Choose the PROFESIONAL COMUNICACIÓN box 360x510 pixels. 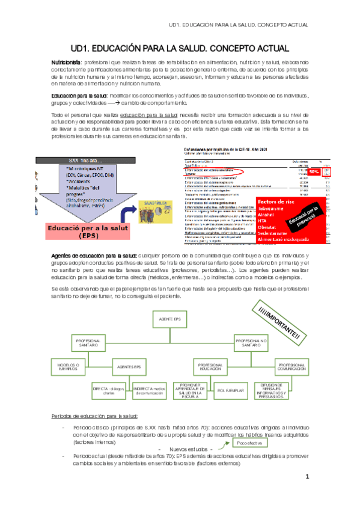point(294,366)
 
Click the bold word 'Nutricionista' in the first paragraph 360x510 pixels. point(68,63)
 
